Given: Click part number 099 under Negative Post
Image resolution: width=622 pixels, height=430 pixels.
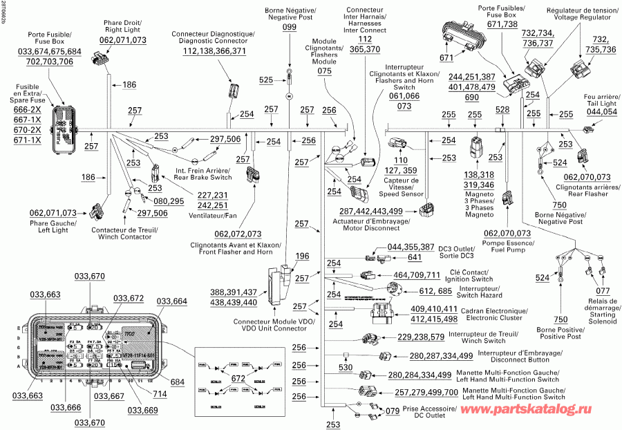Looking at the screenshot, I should [x=289, y=26].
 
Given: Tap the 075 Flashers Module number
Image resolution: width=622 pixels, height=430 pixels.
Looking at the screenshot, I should [x=324, y=71].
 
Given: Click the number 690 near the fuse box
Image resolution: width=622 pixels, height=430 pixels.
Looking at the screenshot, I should [x=471, y=97].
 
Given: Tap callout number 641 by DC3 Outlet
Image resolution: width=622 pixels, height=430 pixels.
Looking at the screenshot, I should [x=414, y=258].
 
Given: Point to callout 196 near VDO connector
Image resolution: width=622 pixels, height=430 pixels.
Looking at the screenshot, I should [x=302, y=256].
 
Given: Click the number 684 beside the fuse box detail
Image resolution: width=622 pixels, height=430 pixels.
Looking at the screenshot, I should [x=178, y=382].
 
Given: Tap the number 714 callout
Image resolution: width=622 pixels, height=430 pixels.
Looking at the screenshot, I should [x=160, y=394].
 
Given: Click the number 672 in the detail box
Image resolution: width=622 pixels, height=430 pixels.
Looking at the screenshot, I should [x=238, y=378].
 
